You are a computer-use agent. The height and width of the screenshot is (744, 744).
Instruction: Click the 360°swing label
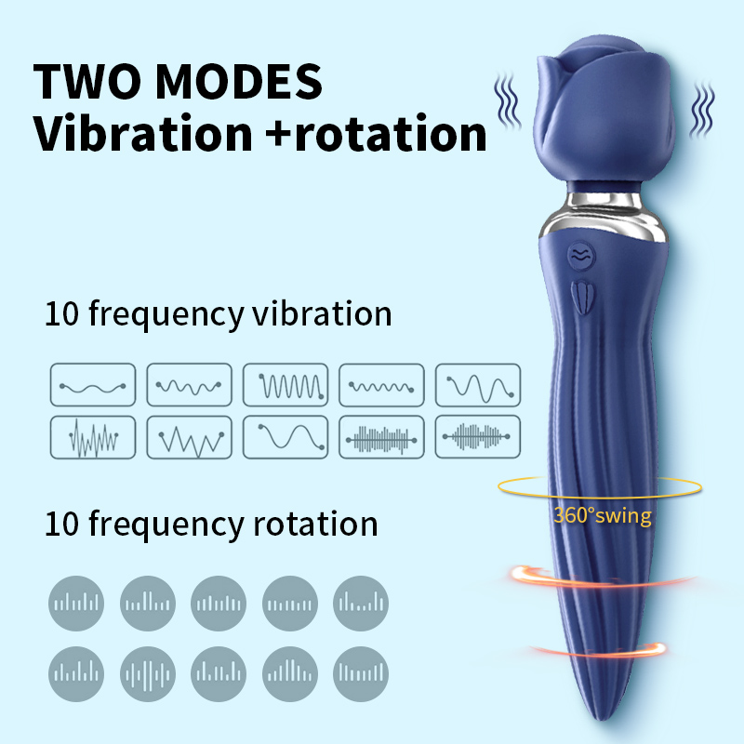tap(602, 515)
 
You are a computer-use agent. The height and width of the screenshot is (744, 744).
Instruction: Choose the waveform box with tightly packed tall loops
tap(286, 384)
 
